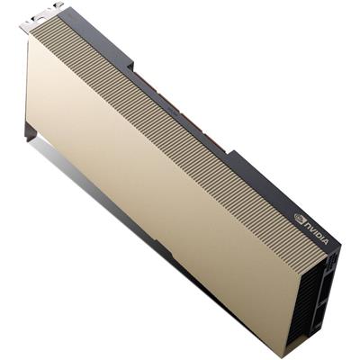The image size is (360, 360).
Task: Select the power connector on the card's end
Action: point(334,260)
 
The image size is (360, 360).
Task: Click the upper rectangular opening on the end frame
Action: point(329,270)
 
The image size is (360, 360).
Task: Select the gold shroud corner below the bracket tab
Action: point(30,40)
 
